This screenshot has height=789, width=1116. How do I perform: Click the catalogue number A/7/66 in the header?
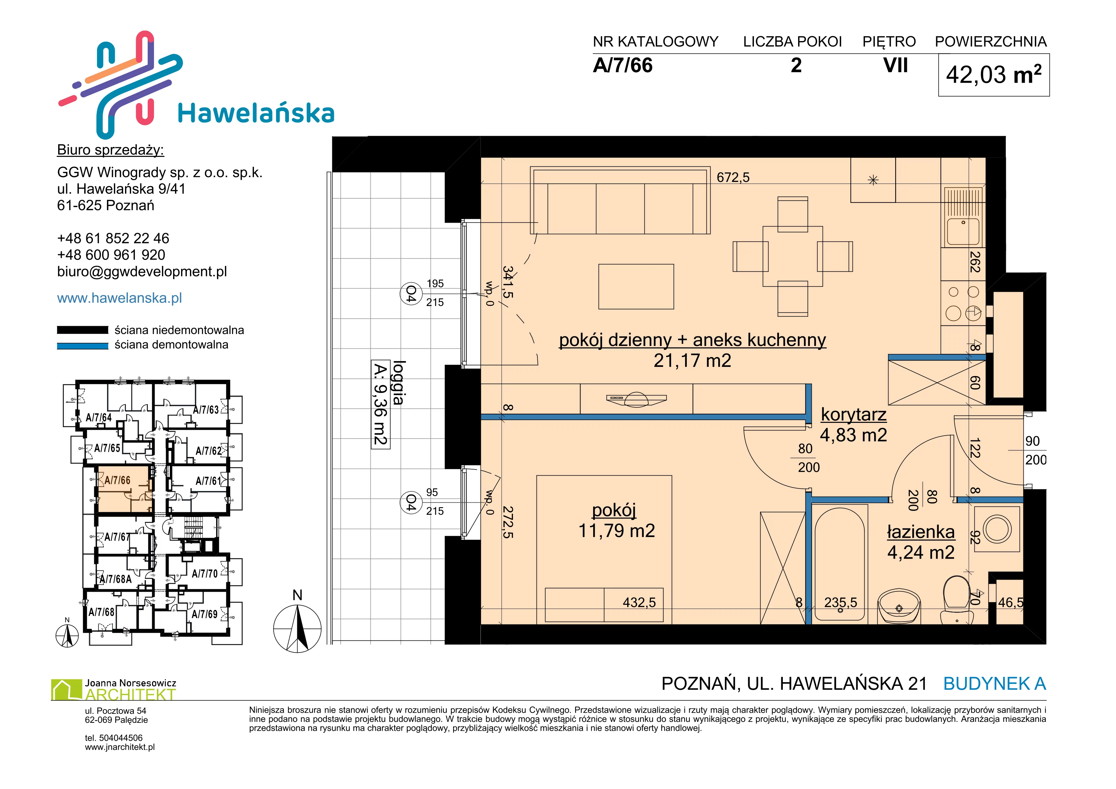(x=623, y=66)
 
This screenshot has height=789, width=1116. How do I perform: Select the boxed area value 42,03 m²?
(x=993, y=75)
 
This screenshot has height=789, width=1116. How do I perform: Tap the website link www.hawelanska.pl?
(x=120, y=298)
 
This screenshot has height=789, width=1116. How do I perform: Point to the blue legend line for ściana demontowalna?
(x=83, y=346)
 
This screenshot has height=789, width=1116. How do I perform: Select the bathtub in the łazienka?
(x=839, y=563)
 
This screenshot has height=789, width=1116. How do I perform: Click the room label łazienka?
(x=921, y=532)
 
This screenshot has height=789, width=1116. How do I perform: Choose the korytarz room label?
(x=853, y=415)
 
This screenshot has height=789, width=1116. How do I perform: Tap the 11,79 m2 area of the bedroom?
(x=616, y=531)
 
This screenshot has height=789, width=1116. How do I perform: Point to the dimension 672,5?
(x=733, y=177)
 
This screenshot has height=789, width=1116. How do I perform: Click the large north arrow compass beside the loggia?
(x=298, y=628)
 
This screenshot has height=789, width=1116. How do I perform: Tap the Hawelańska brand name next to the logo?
(x=256, y=113)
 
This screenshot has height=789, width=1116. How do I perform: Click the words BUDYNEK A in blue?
(x=994, y=684)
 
